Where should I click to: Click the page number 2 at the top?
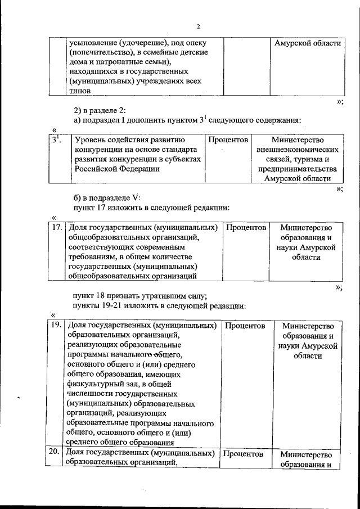198,27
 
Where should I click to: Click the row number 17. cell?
56,228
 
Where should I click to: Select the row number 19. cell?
56,325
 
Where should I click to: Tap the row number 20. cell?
56,453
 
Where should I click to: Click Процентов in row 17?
245,228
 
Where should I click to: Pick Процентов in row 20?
244,453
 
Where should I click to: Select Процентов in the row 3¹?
228,139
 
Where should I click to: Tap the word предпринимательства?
298,169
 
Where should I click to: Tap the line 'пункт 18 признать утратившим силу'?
141,296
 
